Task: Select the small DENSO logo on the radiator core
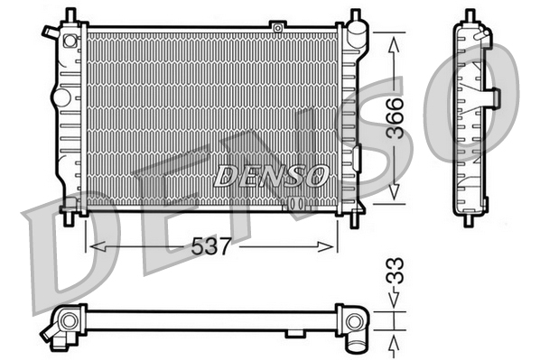pyautogui.click(x=270, y=175)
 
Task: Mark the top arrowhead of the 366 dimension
pyautogui.click(x=395, y=38)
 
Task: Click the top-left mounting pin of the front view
pyautogui.click(x=70, y=15)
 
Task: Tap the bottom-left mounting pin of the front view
pyautogui.click(x=70, y=217)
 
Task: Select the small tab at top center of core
pyautogui.click(x=277, y=28)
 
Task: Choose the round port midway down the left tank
pyautogui.click(x=61, y=95)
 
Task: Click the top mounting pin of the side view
pyautogui.click(x=470, y=15)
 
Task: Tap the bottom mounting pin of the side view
pyautogui.click(x=470, y=217)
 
